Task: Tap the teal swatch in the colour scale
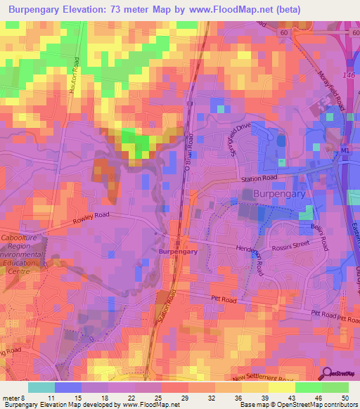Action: tap(41, 387)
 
